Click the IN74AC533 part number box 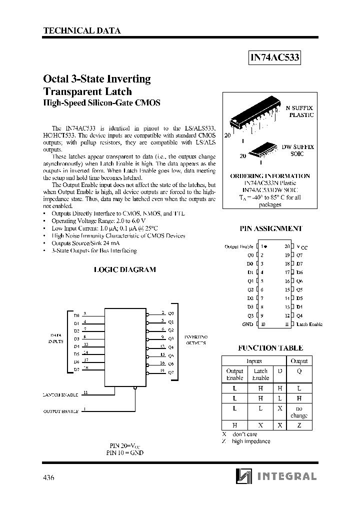(x=274, y=58)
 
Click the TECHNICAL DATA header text (x=82, y=30)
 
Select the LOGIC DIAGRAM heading (x=125, y=269)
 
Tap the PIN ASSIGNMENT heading (x=270, y=228)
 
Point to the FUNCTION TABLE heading (x=270, y=347)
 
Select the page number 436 (x=48, y=477)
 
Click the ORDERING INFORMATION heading (x=270, y=176)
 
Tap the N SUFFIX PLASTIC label (x=299, y=111)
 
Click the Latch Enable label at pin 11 (x=309, y=324)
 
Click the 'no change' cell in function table (x=299, y=412)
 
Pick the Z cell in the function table (x=299, y=425)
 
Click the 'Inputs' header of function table (x=254, y=360)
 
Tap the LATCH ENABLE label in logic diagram (x=60, y=395)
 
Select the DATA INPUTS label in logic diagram (x=55, y=337)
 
